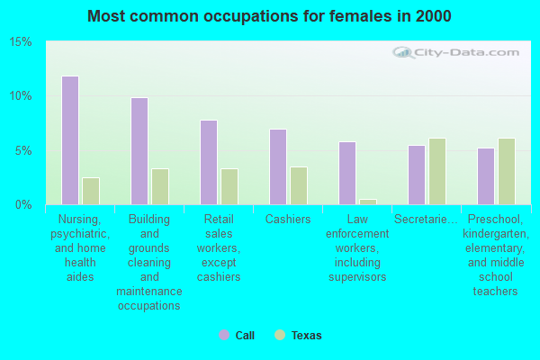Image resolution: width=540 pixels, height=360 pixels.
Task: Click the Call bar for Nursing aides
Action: pos(69,140)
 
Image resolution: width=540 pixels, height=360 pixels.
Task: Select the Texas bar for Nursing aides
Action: pos(91,191)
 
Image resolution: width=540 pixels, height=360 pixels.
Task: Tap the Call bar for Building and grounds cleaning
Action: pos(139,151)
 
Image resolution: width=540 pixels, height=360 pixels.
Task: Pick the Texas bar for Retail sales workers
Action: pos(229,186)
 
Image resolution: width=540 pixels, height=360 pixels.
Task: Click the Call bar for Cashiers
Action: pos(278,166)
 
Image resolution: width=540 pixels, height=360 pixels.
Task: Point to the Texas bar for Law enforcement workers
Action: pos(368,202)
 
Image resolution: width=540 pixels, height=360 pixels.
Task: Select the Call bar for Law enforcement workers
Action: pos(347,173)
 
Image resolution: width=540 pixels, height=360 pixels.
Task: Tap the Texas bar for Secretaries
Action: pos(437,171)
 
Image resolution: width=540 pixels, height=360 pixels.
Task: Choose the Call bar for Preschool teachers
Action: pos(486,176)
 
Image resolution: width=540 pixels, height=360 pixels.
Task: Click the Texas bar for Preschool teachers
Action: pos(507,171)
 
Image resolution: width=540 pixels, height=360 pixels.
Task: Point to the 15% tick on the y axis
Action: pos(21,42)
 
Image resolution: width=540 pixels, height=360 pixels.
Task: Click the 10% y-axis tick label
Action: pos(21,96)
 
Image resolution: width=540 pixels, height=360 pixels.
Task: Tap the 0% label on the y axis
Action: pos(23,204)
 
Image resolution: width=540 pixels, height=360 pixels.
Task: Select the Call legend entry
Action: pos(237,336)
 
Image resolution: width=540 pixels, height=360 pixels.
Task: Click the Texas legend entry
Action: pos(298,336)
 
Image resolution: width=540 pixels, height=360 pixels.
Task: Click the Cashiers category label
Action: pos(288,219)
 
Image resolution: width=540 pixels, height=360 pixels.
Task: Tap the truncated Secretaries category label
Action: pos(427,219)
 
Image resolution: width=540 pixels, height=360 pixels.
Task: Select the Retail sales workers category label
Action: pos(219,247)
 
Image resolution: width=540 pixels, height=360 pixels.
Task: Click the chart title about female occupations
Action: pos(270,16)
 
